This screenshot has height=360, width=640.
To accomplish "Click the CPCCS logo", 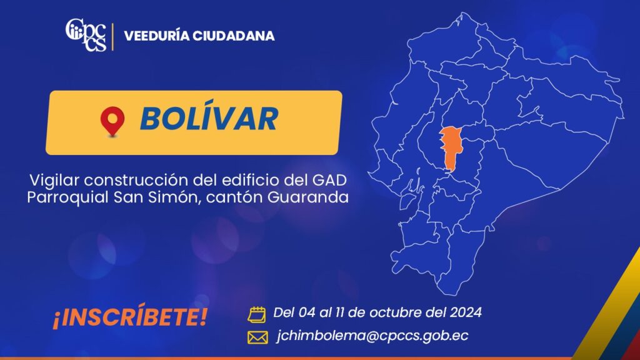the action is (x=86, y=35).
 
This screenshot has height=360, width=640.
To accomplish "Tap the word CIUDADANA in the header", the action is (x=234, y=36).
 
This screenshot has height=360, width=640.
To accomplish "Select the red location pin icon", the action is (x=112, y=121).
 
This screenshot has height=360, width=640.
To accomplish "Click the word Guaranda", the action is (x=308, y=197).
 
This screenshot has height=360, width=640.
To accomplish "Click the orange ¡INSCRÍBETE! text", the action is (x=130, y=316).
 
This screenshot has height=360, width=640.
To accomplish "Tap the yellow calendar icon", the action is (x=257, y=314).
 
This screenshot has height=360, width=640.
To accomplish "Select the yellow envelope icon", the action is (x=258, y=337).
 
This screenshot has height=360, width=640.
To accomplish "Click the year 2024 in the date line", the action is (x=466, y=312).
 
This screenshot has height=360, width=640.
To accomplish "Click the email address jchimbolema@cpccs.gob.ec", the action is (x=372, y=336).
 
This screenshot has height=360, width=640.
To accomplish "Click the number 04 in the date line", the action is (x=307, y=312).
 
